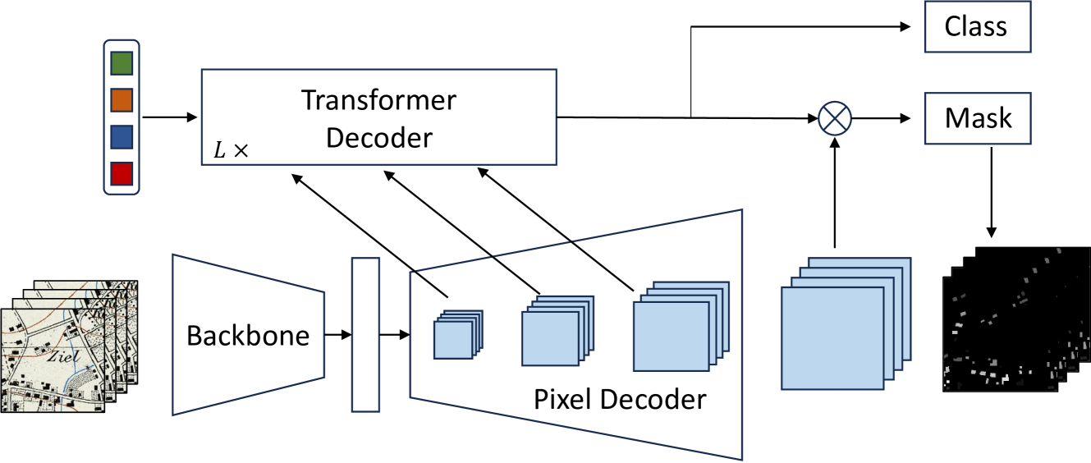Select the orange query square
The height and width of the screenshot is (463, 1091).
(121, 100)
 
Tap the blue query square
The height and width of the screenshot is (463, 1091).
(121, 136)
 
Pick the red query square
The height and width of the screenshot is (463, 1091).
(121, 173)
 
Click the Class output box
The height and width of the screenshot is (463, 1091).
(976, 26)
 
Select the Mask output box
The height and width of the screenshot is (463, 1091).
(979, 118)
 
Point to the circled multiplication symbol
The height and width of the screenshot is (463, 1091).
(835, 119)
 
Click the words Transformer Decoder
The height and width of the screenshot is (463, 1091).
(378, 118)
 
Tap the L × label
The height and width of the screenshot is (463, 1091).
(231, 150)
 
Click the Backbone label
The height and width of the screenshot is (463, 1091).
(248, 335)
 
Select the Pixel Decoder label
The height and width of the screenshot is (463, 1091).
(619, 399)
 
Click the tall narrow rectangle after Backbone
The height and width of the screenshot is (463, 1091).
(365, 334)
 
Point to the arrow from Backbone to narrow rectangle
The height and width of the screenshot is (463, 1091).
(337, 335)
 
